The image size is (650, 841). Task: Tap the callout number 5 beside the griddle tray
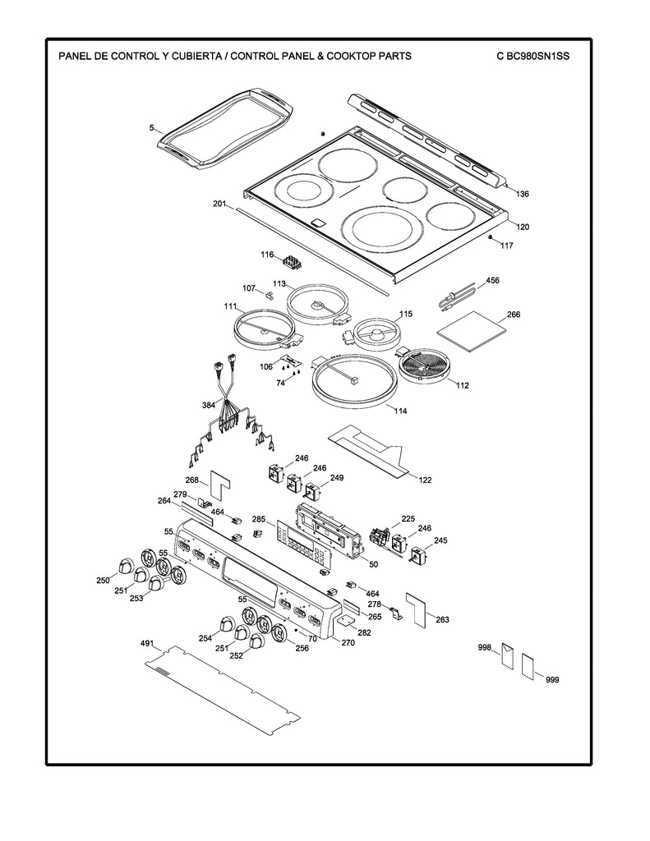(x=151, y=127)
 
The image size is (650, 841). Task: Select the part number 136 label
(x=523, y=195)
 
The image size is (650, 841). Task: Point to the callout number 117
(x=506, y=246)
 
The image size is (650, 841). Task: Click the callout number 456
(x=492, y=281)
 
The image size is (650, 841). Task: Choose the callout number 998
(x=484, y=648)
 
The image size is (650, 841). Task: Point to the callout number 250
(x=103, y=581)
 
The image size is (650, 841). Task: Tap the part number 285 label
(x=258, y=520)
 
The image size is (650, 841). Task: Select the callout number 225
(x=408, y=518)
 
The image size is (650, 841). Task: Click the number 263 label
(x=442, y=619)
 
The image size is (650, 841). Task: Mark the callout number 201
(x=219, y=203)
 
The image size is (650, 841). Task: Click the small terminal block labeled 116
(x=292, y=263)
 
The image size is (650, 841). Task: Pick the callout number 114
(x=401, y=411)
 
